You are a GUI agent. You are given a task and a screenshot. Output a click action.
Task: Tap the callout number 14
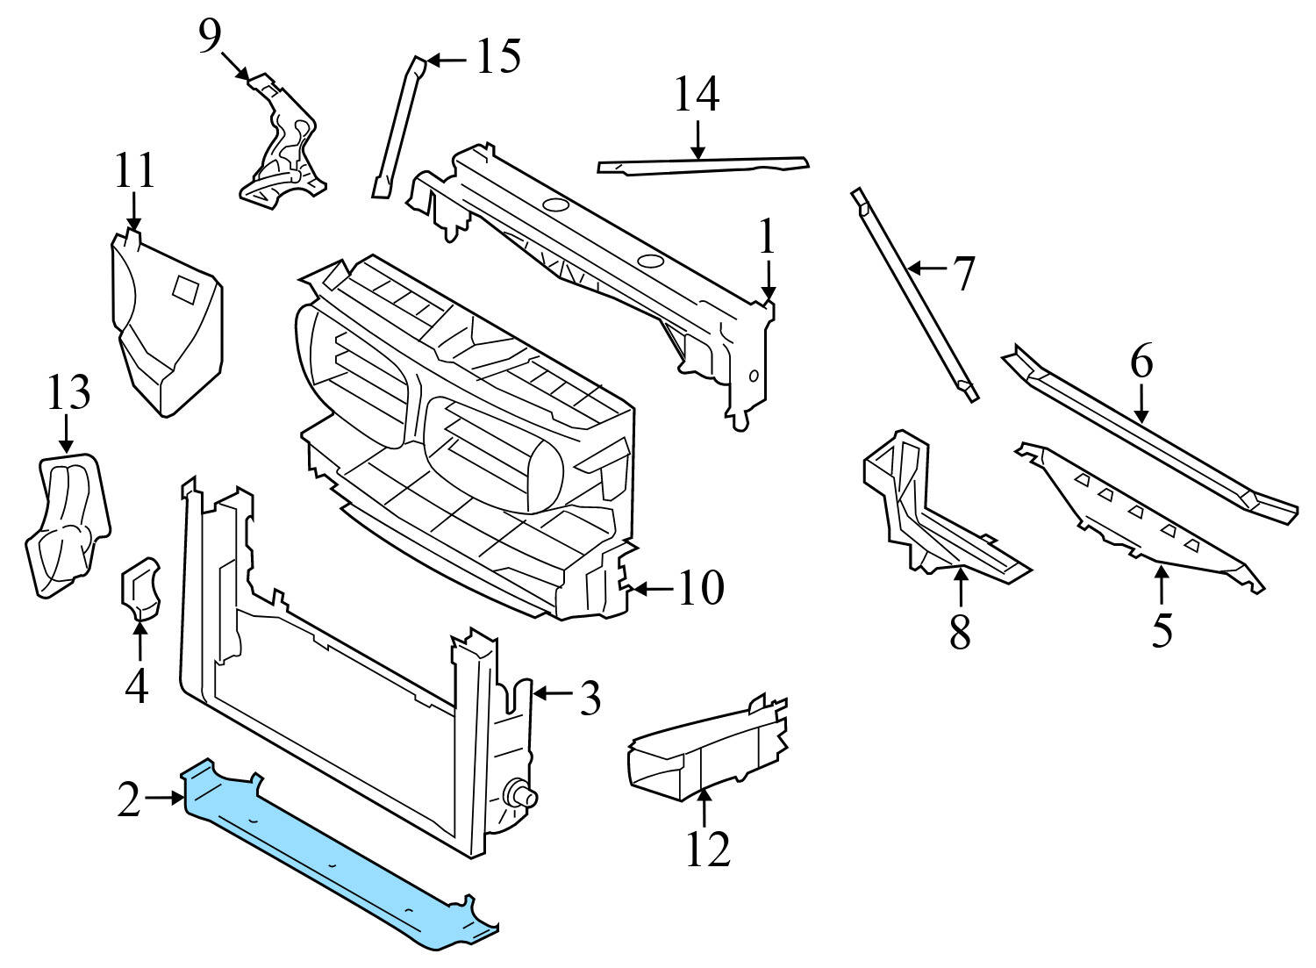click(697, 95)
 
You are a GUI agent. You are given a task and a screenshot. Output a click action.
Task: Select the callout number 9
click(209, 37)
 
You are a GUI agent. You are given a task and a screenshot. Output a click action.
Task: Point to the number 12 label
click(708, 848)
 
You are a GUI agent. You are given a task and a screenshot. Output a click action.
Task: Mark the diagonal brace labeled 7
click(912, 294)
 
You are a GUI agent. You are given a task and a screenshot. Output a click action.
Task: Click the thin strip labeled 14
click(702, 165)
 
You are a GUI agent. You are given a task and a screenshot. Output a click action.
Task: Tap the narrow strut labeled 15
click(399, 127)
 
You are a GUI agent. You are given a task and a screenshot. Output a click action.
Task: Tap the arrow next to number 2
click(164, 798)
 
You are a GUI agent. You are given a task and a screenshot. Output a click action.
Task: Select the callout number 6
click(1141, 362)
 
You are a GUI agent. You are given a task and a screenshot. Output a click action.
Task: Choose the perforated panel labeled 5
click(1141, 518)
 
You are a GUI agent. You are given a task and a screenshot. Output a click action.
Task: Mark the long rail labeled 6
click(1149, 439)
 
